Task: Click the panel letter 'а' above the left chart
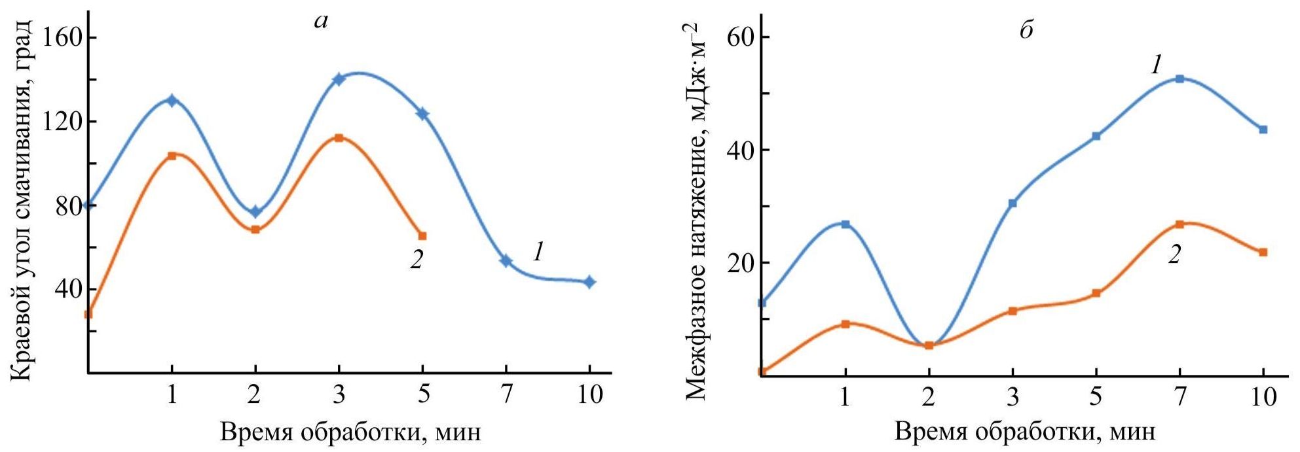[321, 22]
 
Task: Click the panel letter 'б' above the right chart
[1027, 30]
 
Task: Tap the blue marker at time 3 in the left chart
[339, 79]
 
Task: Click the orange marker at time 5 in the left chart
[422, 236]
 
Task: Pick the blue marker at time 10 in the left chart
[589, 282]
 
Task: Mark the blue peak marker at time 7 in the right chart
[1179, 79]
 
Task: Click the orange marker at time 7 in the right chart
[1179, 224]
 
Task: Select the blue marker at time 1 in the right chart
[845, 224]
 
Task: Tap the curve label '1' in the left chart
[538, 252]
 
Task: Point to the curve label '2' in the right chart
[1174, 254]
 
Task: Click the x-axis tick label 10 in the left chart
[589, 395]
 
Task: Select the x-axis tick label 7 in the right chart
[1179, 396]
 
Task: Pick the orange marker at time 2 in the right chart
[929, 345]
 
